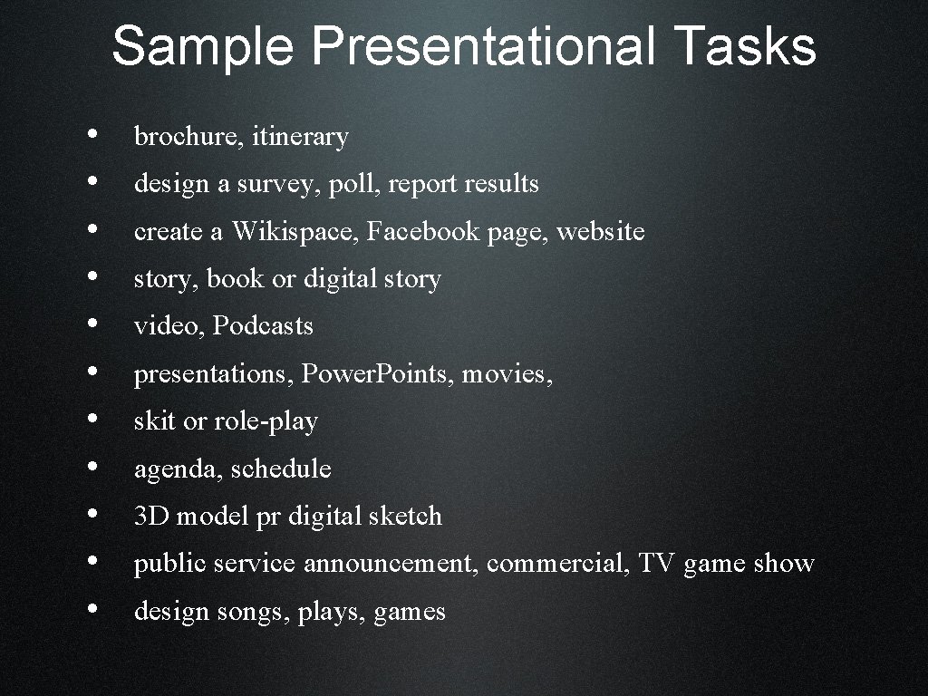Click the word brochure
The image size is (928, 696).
(188, 137)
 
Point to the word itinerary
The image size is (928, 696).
(300, 137)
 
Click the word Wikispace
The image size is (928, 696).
(295, 232)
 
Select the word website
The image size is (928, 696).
(600, 232)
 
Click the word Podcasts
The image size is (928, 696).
(263, 326)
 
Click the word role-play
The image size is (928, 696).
(266, 421)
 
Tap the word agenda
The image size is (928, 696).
(178, 469)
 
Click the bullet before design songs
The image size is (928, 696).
(94, 610)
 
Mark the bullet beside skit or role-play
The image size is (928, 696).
(94, 420)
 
